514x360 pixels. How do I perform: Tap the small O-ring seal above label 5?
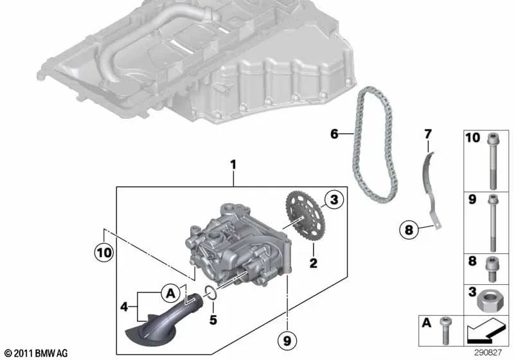tap(210, 292)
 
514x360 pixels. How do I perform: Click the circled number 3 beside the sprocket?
tap(334, 199)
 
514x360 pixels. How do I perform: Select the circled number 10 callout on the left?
tap(103, 253)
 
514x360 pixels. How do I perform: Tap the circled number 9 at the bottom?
tap(287, 341)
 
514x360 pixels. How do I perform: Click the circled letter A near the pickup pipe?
tap(171, 292)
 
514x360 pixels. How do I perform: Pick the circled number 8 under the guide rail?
tap(409, 230)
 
